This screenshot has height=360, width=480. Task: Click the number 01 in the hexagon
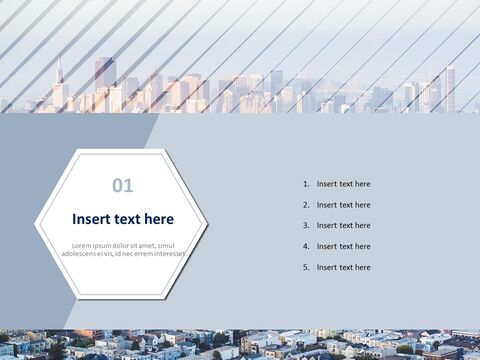[122, 185]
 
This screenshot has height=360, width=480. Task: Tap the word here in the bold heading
[156, 219]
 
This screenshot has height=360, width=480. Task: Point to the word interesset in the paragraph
[165, 254]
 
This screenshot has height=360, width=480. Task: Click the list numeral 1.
[305, 184]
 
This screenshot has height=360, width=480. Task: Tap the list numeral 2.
[305, 205]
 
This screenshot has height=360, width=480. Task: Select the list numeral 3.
[305, 226]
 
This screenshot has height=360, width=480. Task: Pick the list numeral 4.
[305, 247]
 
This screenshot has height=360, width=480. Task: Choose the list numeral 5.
[305, 268]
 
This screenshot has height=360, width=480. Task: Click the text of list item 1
[343, 184]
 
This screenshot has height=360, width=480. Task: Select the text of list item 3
[343, 226]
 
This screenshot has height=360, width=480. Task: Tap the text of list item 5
[343, 268]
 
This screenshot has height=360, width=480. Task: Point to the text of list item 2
[343, 205]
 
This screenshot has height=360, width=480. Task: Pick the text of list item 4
[343, 247]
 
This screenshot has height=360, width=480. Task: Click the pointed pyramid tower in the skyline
[59, 80]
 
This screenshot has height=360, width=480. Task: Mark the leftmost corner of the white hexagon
[36, 225]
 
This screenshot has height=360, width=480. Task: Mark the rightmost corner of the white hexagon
[207, 225]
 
